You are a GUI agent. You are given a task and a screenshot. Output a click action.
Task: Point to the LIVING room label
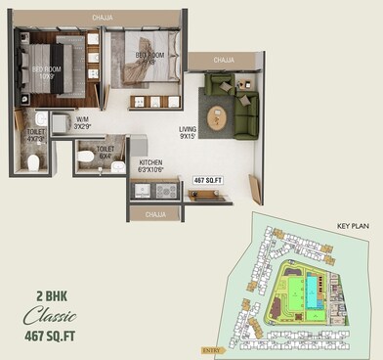189,132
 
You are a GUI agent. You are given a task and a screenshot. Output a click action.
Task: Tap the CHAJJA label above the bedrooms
102,17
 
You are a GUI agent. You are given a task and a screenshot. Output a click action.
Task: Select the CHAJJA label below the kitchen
154,212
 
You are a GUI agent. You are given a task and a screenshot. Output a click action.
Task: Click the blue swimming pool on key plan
311,289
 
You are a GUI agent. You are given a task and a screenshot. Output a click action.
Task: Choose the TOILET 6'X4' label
104,153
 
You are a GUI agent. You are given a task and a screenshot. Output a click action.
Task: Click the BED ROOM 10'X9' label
49,71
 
